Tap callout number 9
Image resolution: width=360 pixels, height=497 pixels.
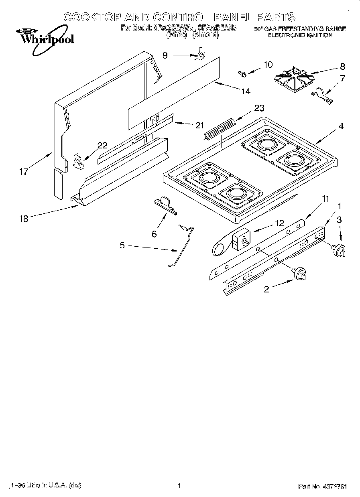(165, 55)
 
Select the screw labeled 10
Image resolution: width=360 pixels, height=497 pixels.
(242, 73)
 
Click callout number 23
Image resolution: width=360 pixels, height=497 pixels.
(259, 108)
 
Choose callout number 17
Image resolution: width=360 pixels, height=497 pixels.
(24, 172)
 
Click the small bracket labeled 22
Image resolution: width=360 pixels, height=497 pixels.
(78, 162)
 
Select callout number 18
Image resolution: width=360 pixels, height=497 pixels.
(24, 219)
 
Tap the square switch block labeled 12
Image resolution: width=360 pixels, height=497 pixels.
(240, 240)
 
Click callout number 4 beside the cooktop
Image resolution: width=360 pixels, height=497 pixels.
(341, 126)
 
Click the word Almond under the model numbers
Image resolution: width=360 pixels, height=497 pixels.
(205, 35)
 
